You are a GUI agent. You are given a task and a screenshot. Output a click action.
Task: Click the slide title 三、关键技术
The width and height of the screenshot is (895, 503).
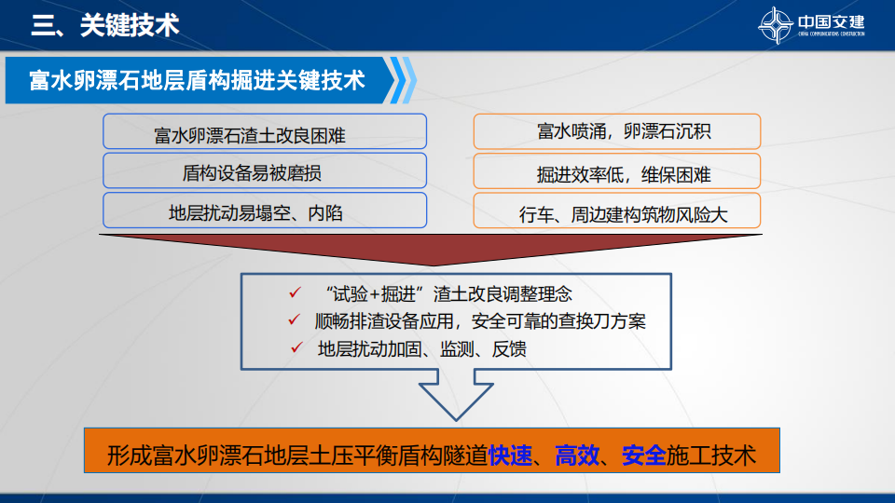[x=105, y=26]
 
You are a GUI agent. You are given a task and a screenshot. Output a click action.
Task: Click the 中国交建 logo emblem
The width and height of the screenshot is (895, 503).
[x=775, y=25]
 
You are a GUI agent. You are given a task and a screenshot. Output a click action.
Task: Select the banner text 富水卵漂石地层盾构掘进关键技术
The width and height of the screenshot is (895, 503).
[x=197, y=80]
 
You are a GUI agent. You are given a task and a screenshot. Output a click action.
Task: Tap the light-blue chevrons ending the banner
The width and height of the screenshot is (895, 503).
[x=403, y=80]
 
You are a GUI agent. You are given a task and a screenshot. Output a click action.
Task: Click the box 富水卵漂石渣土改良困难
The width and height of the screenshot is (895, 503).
[x=265, y=131]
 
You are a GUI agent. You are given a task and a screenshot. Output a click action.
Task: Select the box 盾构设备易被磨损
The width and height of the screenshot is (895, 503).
[x=265, y=170]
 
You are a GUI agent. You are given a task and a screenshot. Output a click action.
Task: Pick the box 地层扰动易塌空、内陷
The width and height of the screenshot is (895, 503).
[x=265, y=211]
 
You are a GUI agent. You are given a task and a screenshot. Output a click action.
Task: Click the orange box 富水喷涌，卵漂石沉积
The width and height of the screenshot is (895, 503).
[x=617, y=131]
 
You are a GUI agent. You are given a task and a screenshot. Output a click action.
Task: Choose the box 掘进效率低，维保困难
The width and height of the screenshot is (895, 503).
[x=617, y=170]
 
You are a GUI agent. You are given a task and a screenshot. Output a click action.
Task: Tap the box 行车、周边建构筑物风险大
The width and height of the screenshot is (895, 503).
[x=617, y=211]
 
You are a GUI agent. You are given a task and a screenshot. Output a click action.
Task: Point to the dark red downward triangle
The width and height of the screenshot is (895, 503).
[x=431, y=245]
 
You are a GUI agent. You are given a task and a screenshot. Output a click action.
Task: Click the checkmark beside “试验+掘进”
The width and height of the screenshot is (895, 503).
[x=296, y=292]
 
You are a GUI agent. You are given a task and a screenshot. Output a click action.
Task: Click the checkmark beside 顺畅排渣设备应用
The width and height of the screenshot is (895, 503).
[x=295, y=319]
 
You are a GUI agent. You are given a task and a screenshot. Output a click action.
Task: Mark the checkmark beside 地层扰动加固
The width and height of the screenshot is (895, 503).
[x=296, y=347]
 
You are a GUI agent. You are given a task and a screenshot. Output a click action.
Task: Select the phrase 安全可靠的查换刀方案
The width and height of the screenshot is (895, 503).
[x=558, y=321]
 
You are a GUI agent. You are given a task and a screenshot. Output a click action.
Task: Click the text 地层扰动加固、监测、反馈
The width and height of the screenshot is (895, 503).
[x=421, y=349]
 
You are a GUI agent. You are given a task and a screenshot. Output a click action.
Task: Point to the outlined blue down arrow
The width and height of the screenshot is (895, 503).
[x=456, y=395]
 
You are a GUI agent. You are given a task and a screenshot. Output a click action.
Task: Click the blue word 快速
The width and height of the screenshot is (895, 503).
[x=510, y=455]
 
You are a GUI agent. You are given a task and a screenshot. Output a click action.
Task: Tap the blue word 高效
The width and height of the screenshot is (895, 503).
[x=577, y=455]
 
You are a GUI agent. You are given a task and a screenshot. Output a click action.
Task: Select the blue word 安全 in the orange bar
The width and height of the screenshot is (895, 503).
[x=644, y=455]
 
